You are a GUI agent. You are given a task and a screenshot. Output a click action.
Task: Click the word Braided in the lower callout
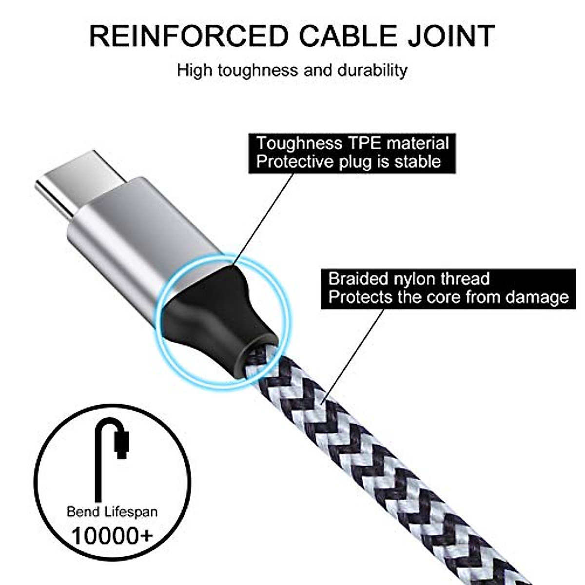click(358, 279)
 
